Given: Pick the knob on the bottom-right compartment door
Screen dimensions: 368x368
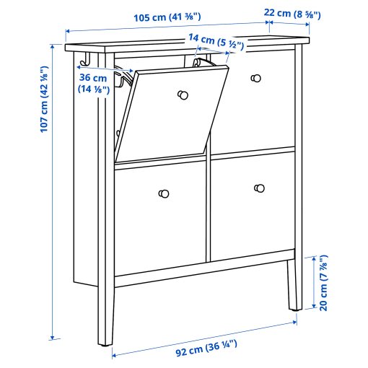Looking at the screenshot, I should [259, 188].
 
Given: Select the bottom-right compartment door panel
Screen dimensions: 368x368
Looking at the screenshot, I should [253, 206].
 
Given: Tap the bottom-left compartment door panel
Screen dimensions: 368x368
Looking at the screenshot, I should [159, 216].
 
